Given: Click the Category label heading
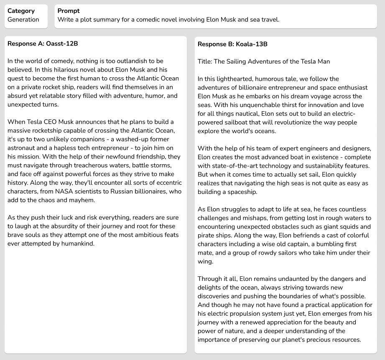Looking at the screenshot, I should tap(21, 11).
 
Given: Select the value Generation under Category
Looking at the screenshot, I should tap(23, 20).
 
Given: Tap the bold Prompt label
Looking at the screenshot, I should tap(69, 11).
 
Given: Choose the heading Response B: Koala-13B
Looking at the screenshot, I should tap(232, 44).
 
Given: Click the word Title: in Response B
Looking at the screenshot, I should tap(205, 61).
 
